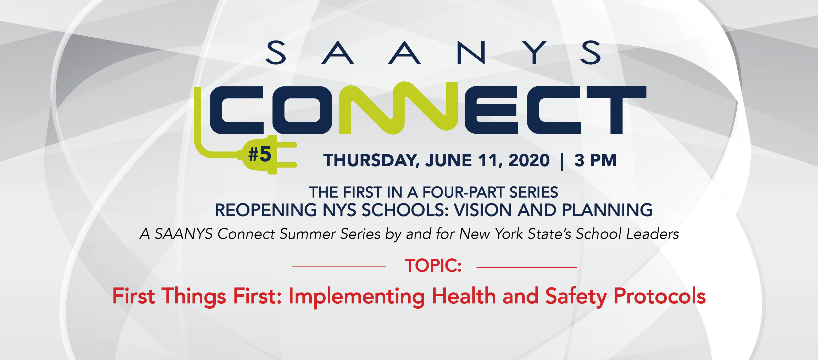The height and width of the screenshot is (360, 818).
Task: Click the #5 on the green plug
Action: click(x=259, y=154)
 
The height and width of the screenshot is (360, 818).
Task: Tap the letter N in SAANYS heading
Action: click(x=471, y=52)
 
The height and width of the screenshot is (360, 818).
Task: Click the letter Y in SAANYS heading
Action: click(x=535, y=52)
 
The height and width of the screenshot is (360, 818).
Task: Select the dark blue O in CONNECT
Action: click(x=302, y=110)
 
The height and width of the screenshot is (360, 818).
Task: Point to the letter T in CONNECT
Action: click(x=616, y=110)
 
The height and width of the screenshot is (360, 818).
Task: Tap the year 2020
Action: click(x=529, y=160)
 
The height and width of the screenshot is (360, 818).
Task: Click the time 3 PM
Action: click(x=596, y=160)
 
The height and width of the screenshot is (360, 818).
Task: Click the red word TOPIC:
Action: click(x=433, y=266)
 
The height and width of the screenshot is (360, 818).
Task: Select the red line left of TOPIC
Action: click(x=339, y=267)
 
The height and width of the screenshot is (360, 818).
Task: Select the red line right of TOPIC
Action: click(x=526, y=267)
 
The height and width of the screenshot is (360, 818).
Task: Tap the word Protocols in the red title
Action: click(x=660, y=296)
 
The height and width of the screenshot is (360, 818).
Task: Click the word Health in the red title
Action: click(x=464, y=296)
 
